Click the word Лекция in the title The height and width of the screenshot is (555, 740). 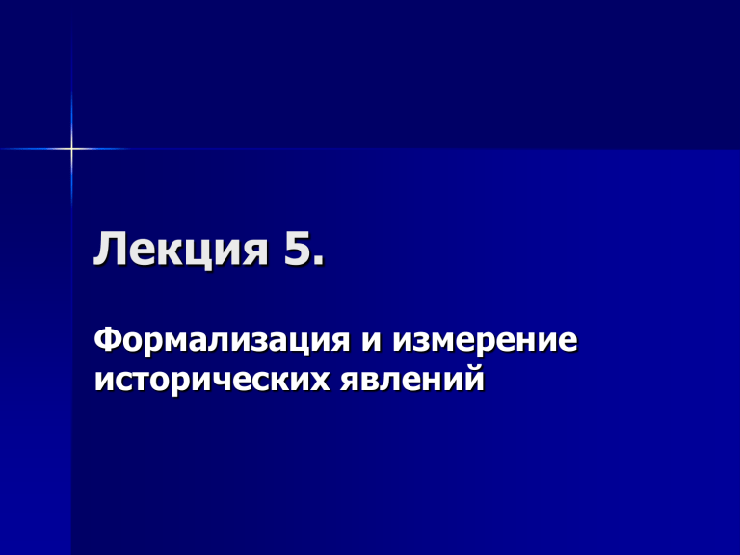click(181, 249)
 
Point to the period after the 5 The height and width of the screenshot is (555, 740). click(319, 260)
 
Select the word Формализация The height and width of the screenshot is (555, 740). click(222, 340)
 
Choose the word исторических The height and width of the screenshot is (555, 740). click(212, 381)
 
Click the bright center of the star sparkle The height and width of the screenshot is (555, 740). click(71, 149)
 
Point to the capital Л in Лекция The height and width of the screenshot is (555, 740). click(109, 249)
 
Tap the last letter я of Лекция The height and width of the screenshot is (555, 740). click(255, 252)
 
